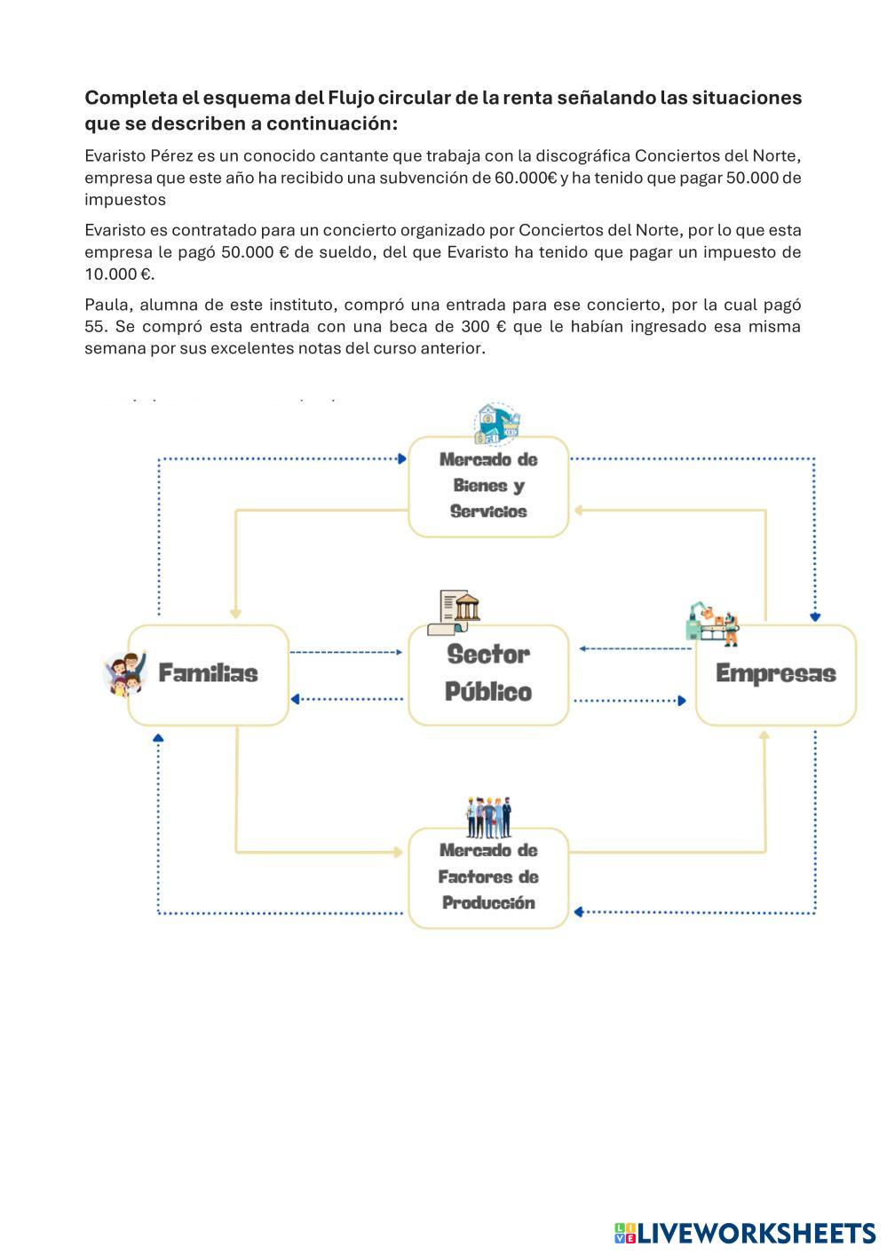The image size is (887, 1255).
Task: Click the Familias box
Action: click(208, 674)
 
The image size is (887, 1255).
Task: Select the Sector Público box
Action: click(487, 674)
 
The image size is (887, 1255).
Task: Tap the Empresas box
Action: click(775, 674)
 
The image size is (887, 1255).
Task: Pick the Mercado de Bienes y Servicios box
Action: click(487, 486)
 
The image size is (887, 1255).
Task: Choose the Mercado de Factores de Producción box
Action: click(487, 877)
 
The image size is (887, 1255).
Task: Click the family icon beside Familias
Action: click(125, 673)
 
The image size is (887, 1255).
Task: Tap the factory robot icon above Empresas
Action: click(712, 624)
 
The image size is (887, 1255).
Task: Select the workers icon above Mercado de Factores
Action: click(488, 817)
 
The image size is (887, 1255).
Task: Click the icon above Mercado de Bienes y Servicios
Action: click(496, 424)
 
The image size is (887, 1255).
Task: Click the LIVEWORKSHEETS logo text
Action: click(756, 1233)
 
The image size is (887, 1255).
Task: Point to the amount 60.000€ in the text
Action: click(526, 178)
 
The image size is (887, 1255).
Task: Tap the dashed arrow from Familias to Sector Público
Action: click(346, 652)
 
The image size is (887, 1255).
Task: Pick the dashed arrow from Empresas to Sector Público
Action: click(635, 648)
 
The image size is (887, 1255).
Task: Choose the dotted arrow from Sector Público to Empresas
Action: click(630, 701)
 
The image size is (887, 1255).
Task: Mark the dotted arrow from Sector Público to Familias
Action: click(346, 699)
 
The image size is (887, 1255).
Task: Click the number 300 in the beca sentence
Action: click(477, 326)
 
